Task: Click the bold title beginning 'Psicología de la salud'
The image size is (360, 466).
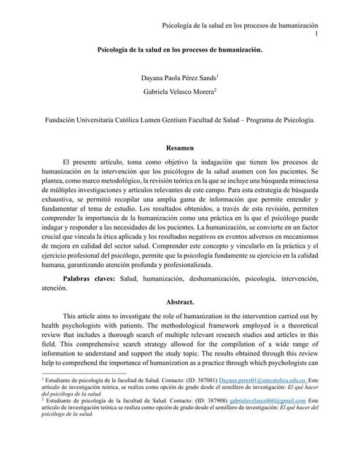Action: pos(179,52)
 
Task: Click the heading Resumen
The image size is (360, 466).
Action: pos(179,147)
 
